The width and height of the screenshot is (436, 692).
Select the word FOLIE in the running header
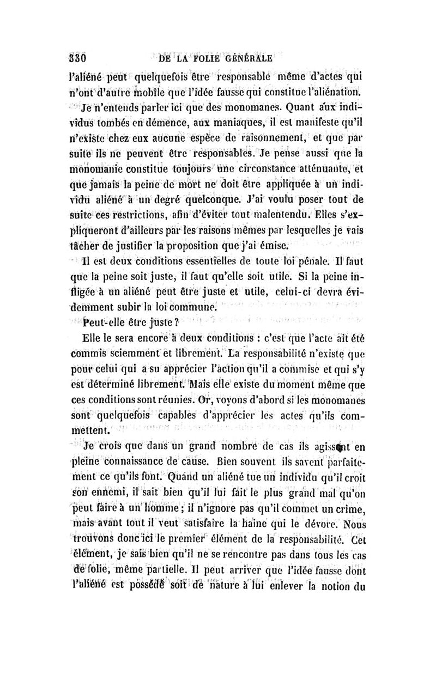click(x=199, y=59)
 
